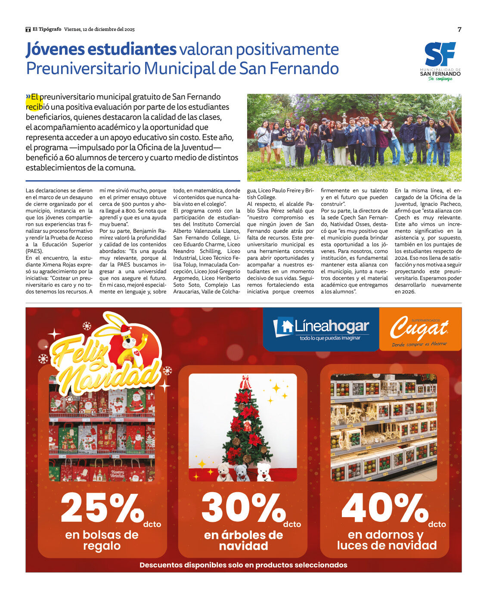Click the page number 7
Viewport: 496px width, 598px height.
[x=459, y=30]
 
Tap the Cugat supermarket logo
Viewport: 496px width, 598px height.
[x=419, y=329]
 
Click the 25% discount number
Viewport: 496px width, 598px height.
[x=102, y=508]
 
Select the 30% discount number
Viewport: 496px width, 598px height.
[x=243, y=508]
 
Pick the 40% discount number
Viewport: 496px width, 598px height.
[x=384, y=508]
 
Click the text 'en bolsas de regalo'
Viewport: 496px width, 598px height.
[x=102, y=540]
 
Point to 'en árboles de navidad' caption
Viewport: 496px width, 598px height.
[x=243, y=540]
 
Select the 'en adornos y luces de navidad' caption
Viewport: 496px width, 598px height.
[x=386, y=540]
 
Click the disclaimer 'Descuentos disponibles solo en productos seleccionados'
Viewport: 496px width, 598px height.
[x=243, y=565]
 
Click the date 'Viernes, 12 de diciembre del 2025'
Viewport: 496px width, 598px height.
[x=99, y=29]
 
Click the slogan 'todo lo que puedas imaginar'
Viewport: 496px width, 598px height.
[x=330, y=338]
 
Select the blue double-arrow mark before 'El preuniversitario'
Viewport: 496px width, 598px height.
[x=28, y=96]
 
